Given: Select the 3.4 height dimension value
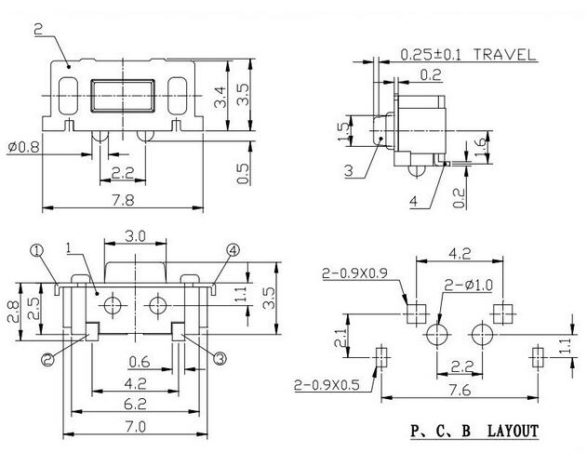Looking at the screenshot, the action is [220, 97].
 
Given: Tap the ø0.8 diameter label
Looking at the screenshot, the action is [23, 147].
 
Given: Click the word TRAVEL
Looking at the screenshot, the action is [504, 55].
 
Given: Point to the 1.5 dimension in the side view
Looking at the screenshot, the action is [343, 130].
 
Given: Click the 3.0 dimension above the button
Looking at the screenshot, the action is [135, 236].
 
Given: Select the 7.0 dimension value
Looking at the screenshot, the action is [136, 426].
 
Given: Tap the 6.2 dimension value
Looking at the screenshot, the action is [135, 405].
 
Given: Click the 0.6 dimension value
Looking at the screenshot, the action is [140, 362].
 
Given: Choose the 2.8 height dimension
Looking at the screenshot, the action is [13, 312].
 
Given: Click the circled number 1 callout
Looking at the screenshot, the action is [36, 250].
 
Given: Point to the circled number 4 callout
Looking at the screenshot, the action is [233, 250].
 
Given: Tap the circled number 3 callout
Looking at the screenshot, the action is [220, 358].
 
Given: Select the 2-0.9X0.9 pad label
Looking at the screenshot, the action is [354, 273].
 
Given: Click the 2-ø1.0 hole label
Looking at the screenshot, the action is [469, 286].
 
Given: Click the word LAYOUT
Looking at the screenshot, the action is [513, 432].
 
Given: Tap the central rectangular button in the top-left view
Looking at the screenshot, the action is [123, 96].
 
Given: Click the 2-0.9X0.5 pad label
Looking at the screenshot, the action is [327, 384].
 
